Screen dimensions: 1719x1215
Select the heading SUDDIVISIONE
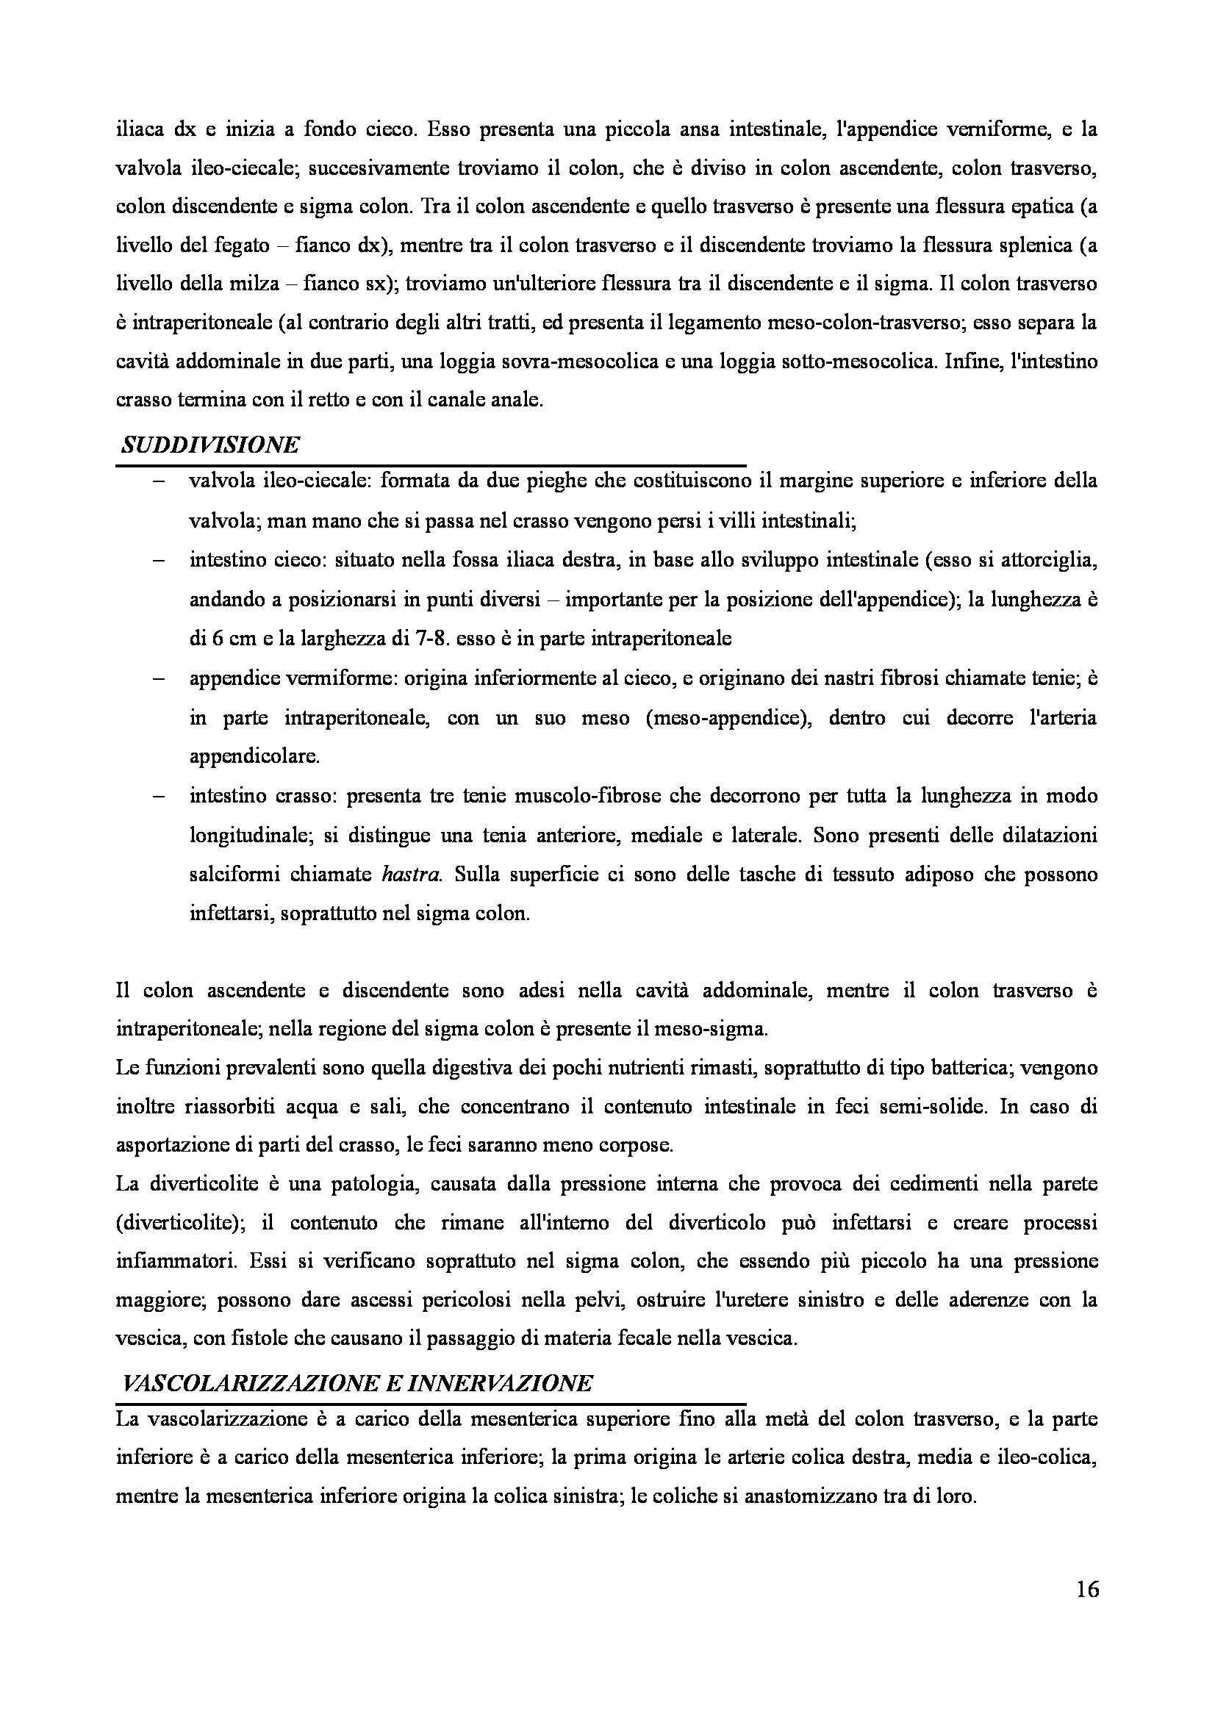210,445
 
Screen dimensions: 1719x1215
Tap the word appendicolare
254,757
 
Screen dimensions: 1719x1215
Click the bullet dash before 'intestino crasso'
159,796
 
